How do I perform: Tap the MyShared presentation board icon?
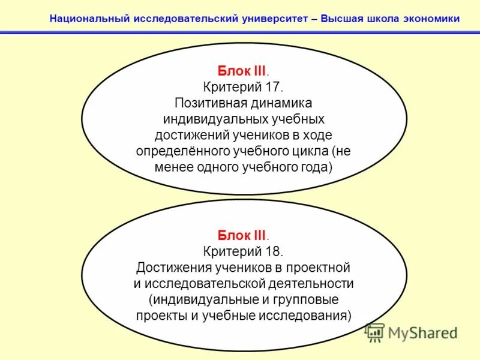(375, 332)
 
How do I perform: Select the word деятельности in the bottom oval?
(311, 283)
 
